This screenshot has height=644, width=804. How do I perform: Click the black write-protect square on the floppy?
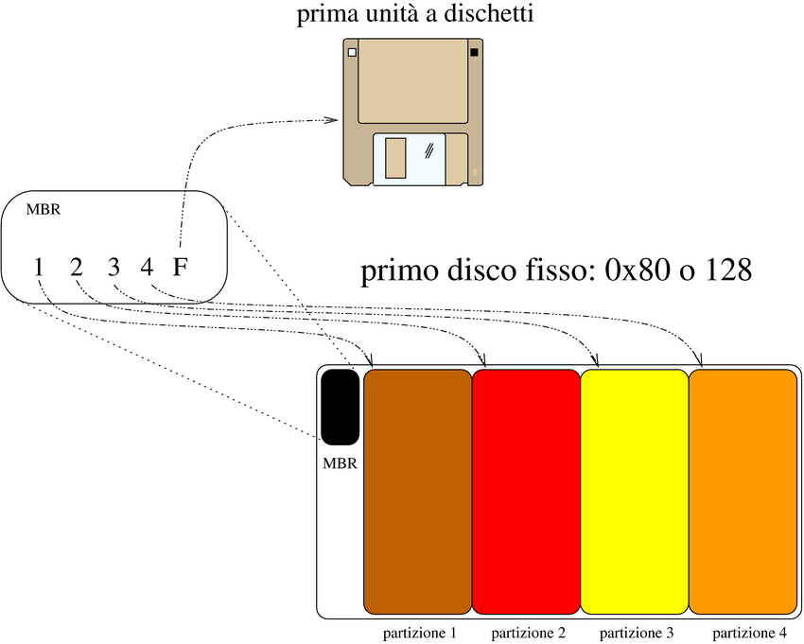473,53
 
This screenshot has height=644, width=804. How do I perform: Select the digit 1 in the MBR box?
38,267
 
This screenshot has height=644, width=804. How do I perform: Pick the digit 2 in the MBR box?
77,267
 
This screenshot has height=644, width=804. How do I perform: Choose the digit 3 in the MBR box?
113,267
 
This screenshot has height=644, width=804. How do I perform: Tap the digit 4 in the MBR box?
147,267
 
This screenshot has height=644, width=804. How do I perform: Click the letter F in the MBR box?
180,267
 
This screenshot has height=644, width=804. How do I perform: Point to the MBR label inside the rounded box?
44,210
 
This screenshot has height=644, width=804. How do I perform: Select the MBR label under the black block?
340,464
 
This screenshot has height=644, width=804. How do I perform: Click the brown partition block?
417,492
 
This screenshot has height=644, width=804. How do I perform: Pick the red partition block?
525,492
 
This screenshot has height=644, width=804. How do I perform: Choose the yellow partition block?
634,492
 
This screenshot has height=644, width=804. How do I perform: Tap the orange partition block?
743,492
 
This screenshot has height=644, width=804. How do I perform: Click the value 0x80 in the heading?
641,272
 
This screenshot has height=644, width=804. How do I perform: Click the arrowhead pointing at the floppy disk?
332,120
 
